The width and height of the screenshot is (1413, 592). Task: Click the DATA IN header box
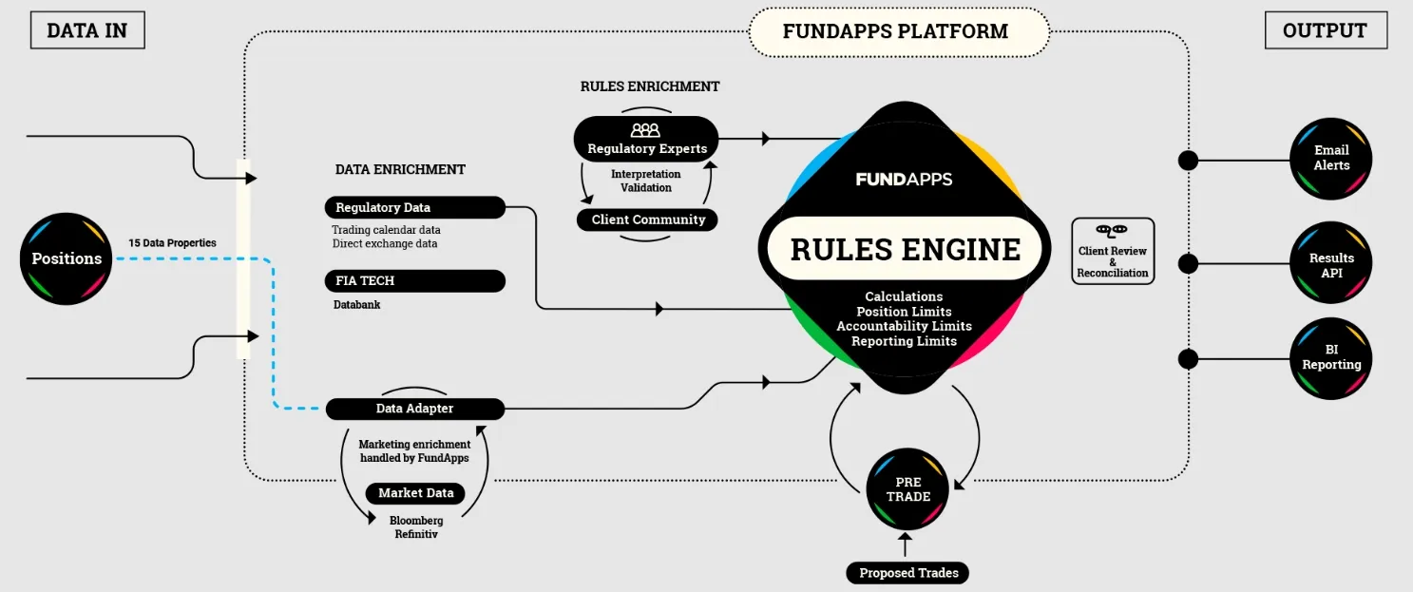86,30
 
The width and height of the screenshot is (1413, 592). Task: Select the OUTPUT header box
1325,30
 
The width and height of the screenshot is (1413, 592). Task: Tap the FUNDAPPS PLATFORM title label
895,31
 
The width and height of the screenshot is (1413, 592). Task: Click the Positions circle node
67,258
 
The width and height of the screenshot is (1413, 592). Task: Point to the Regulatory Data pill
415,207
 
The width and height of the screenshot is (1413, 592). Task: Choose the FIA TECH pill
415,281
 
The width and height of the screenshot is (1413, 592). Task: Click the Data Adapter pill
415,409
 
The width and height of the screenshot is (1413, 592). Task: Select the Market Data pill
415,493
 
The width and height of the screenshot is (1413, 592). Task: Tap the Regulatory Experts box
646,140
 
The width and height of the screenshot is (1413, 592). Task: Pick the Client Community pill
648,220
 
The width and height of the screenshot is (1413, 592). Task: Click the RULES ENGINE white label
905,249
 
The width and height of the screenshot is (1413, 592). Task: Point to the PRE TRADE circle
907,489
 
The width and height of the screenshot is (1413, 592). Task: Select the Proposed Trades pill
907,573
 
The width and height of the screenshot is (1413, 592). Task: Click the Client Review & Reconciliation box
1112,252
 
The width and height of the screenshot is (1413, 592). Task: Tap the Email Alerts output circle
1331,158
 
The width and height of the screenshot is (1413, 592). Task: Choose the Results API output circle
1331,264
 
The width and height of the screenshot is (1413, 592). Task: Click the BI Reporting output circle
1331,357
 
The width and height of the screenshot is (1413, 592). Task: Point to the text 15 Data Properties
172,243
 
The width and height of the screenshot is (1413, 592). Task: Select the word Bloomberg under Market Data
416,521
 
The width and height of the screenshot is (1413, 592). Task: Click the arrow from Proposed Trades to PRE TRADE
905,545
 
